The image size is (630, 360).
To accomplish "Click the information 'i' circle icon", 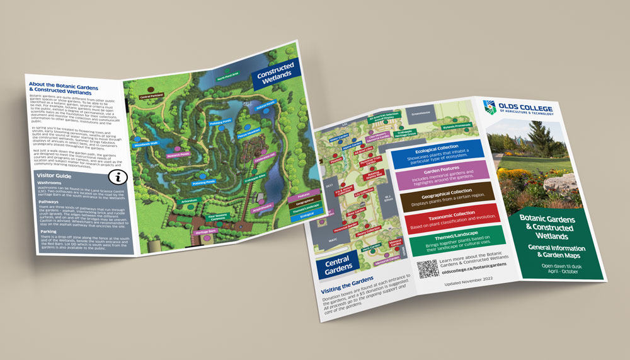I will tap(113, 177).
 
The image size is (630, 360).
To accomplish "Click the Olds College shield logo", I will tap(488, 108).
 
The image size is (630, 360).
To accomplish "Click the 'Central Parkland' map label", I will tap(152, 96).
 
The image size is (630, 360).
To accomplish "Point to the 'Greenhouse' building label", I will tap(420, 115).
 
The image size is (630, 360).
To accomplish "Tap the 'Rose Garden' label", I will tap(357, 212).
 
